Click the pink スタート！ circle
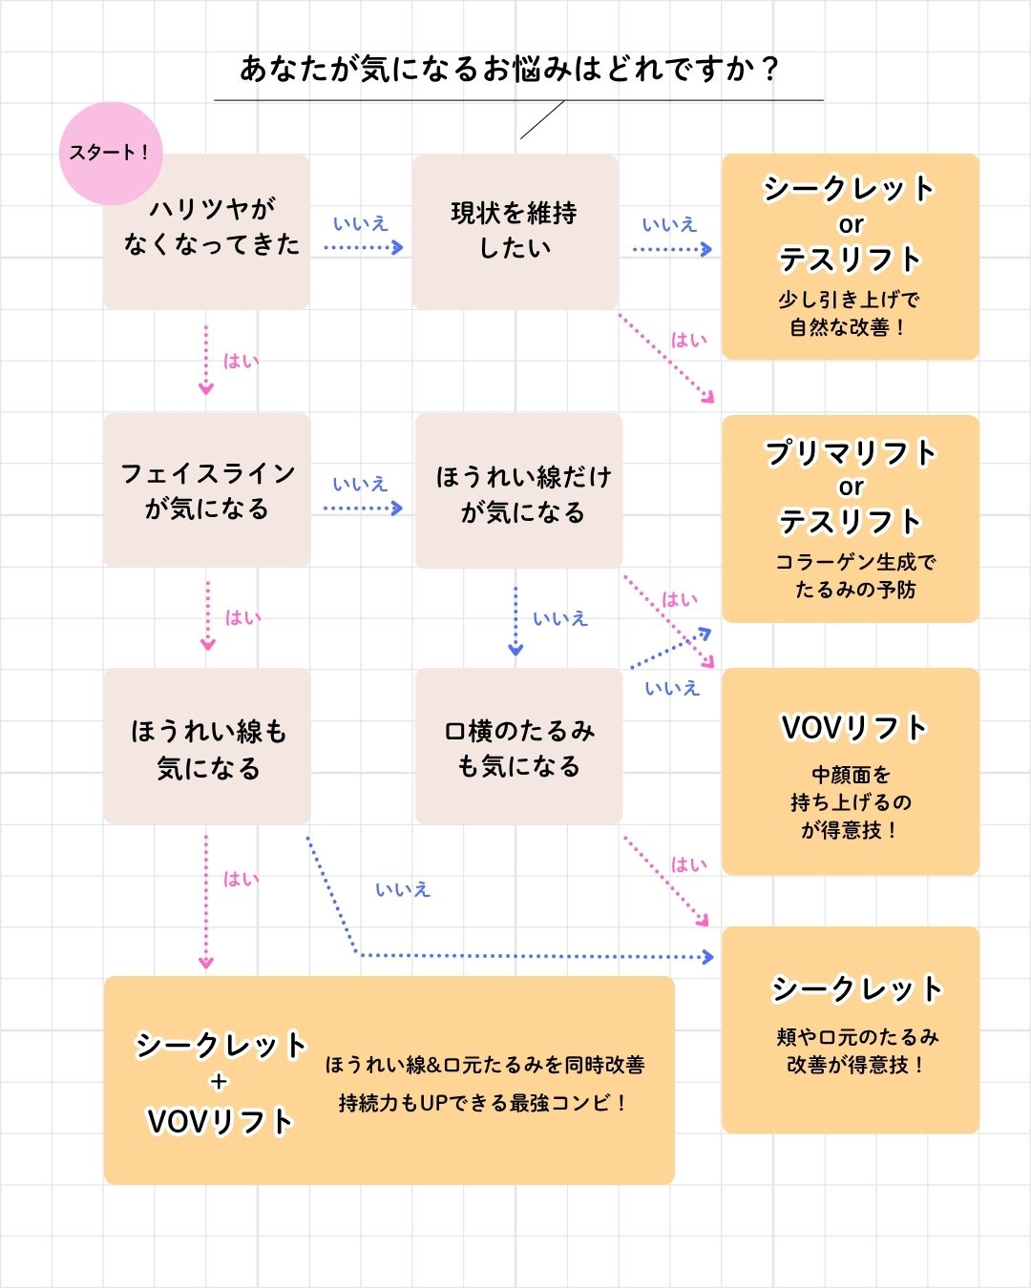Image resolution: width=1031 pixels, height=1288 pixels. click(110, 153)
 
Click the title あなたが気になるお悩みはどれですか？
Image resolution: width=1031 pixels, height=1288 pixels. click(510, 70)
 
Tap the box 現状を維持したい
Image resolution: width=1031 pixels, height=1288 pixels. click(515, 231)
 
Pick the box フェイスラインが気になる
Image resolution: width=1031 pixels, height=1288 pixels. click(206, 490)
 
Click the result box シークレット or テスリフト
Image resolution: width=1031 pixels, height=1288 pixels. click(850, 224)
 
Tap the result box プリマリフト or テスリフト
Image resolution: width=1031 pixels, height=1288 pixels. click(850, 487)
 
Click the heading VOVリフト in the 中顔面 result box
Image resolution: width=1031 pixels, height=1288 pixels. click(853, 728)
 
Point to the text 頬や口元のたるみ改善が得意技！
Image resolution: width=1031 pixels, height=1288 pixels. click(855, 1050)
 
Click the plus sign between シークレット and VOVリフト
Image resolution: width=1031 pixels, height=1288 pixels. click(220, 1082)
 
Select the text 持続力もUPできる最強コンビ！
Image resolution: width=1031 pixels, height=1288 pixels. click(483, 1103)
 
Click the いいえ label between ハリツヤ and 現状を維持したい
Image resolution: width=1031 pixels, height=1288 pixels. click(360, 224)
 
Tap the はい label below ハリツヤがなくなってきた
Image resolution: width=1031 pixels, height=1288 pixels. click(241, 361)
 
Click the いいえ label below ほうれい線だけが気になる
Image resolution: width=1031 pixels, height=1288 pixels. click(559, 618)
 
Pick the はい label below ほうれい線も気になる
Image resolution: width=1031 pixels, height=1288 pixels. click(241, 879)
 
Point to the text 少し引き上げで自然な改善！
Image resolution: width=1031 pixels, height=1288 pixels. click(849, 313)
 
